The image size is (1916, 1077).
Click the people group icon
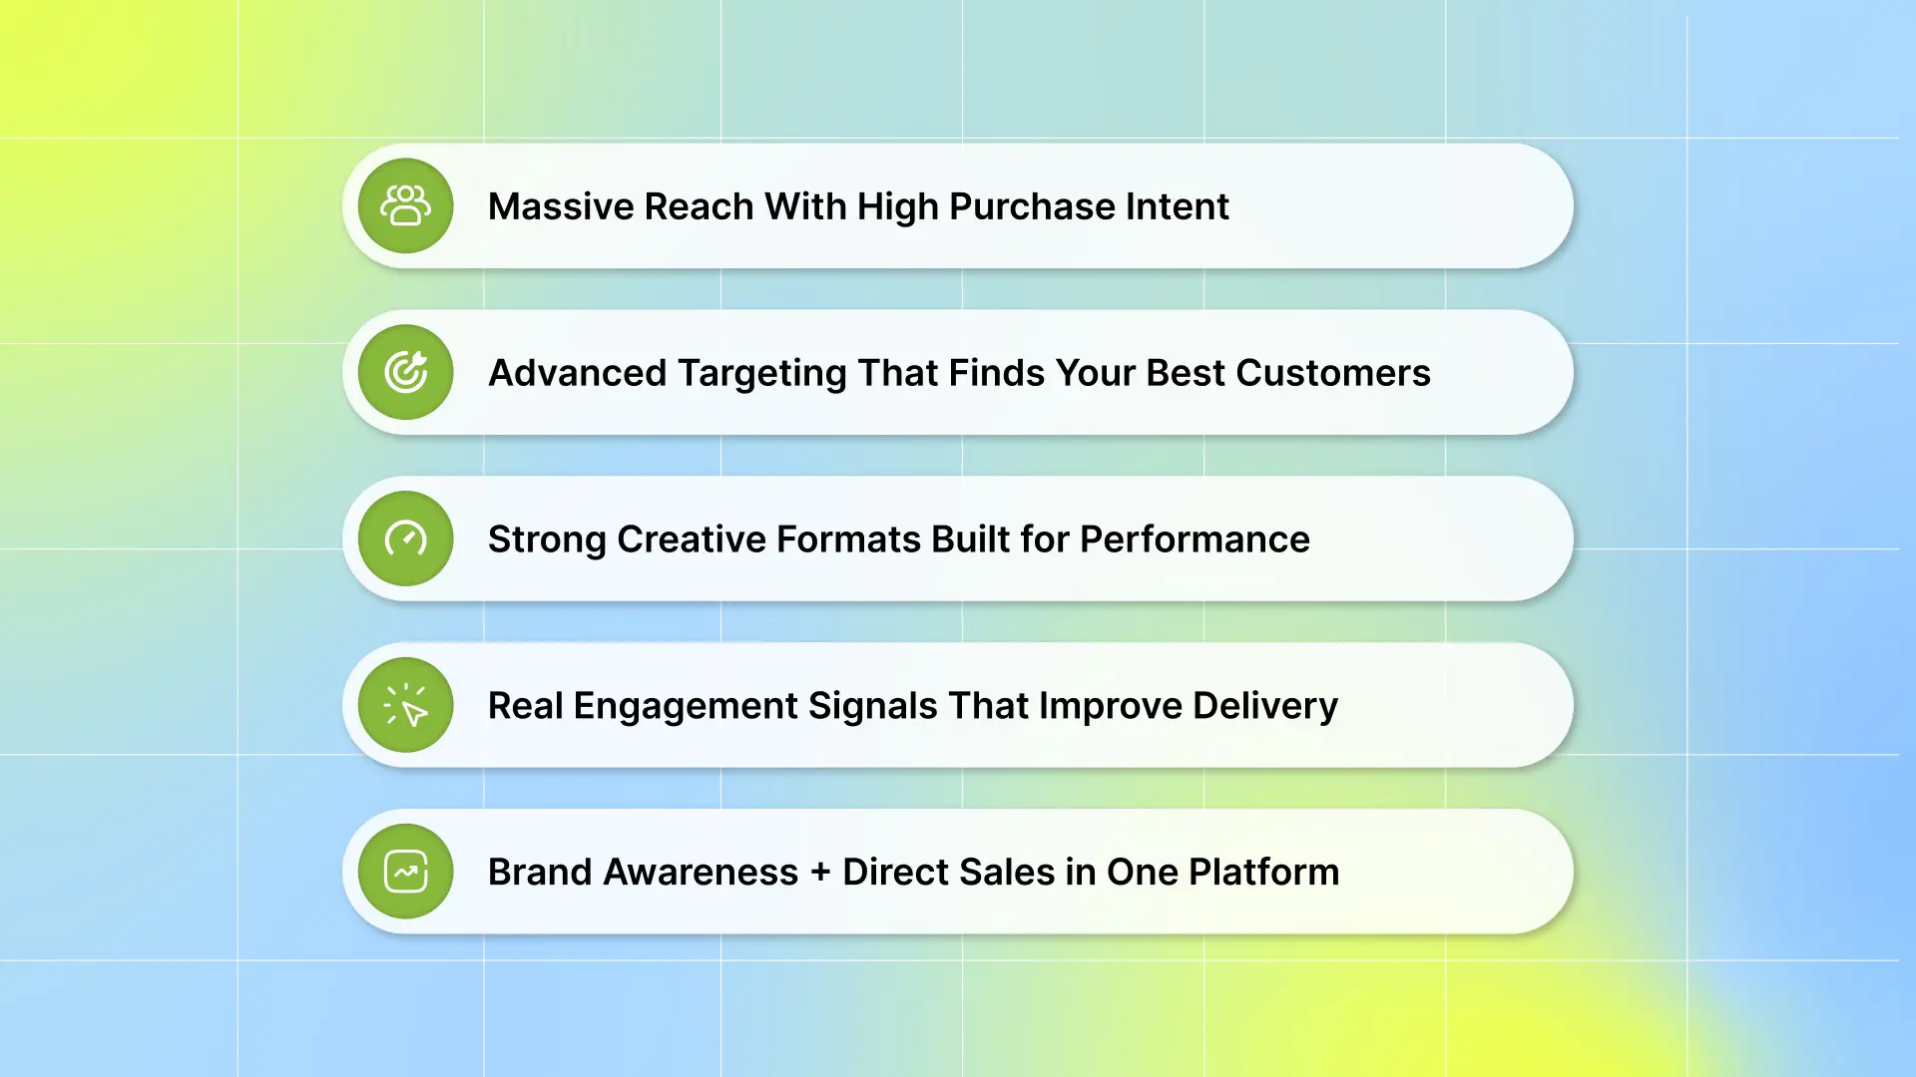(405, 205)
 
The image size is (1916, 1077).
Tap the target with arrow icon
(406, 372)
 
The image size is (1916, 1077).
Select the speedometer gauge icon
(406, 538)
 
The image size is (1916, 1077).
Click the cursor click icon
(405, 705)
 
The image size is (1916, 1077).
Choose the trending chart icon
(406, 872)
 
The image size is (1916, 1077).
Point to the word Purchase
(1032, 206)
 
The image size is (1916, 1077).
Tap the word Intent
(1178, 206)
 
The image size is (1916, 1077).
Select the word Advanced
(577, 373)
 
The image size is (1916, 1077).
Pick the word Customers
(1333, 373)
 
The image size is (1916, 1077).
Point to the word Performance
(1195, 539)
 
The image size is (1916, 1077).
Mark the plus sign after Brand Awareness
(820, 873)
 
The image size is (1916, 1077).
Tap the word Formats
(848, 539)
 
